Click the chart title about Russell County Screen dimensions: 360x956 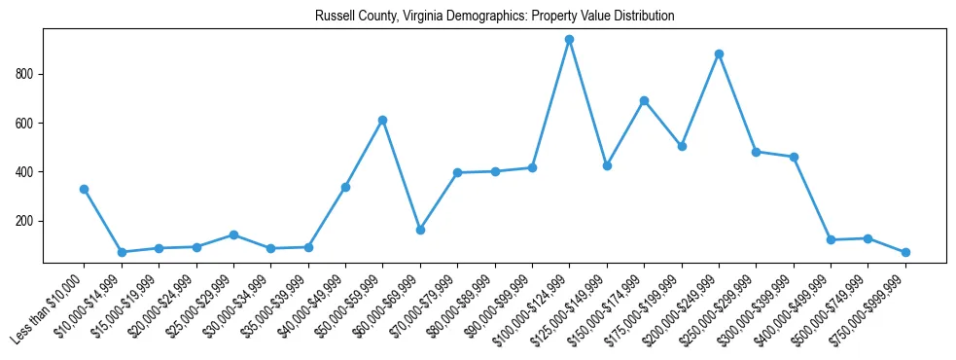coord(494,17)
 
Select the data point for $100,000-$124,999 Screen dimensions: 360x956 coord(569,40)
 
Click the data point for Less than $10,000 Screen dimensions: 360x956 coord(85,189)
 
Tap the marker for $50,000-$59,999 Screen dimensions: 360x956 coord(382,120)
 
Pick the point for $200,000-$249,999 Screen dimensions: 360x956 coord(719,54)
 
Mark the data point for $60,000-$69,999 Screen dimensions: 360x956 coord(420,230)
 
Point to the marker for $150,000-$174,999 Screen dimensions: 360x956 coord(644,100)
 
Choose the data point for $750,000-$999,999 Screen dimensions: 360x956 coord(905,252)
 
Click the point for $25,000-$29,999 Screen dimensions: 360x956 coord(233,234)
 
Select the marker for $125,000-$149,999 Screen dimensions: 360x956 coord(607,165)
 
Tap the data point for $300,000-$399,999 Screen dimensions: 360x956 coord(794,157)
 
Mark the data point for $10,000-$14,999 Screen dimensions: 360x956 coord(122,252)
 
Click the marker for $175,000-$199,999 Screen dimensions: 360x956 coord(682,146)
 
